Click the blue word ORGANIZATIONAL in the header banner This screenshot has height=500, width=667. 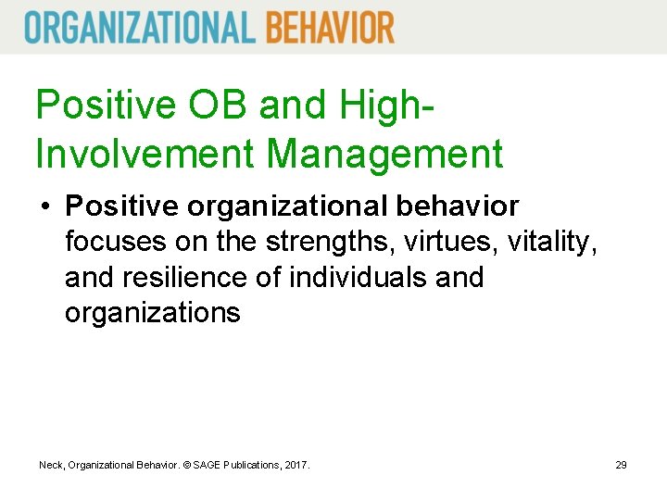click(140, 27)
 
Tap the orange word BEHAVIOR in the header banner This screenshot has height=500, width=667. click(330, 27)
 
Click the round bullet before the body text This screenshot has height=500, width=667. click(44, 206)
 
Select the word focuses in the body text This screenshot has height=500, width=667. click(116, 242)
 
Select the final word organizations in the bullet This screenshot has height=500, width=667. click(152, 313)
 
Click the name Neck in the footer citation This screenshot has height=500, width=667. click(51, 464)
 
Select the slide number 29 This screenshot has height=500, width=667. click(621, 464)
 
